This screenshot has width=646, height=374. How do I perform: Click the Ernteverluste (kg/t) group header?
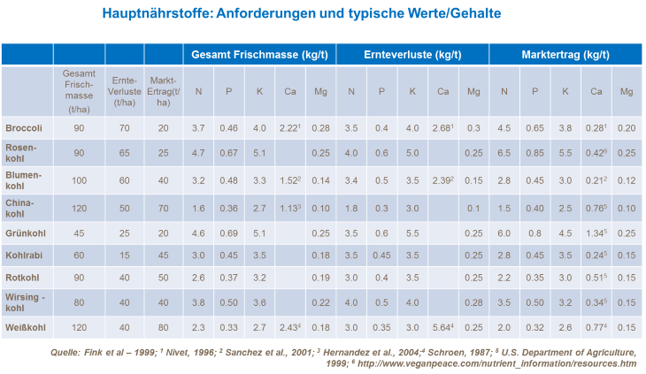[x=412, y=55]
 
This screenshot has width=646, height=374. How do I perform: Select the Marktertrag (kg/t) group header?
[x=565, y=55]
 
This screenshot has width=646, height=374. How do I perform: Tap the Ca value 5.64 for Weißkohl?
[x=442, y=326]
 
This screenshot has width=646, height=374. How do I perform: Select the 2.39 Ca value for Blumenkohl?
[x=442, y=181]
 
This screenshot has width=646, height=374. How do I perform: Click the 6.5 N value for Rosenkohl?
[x=504, y=153]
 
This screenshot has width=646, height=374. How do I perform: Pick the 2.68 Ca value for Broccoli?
[x=442, y=127]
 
